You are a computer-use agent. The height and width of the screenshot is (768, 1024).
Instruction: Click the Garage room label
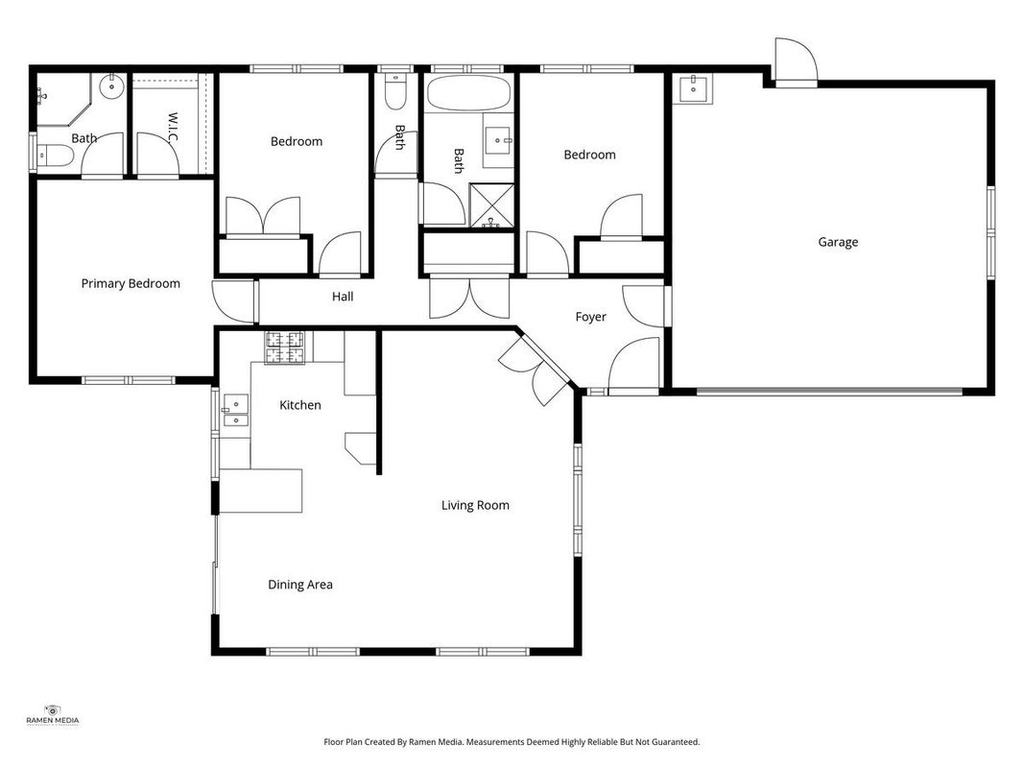click(x=838, y=242)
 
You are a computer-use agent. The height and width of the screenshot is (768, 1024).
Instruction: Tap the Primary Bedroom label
click(x=131, y=283)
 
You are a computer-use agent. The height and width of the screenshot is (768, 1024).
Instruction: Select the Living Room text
click(x=475, y=506)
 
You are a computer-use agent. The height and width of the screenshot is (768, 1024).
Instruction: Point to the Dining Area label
click(x=300, y=585)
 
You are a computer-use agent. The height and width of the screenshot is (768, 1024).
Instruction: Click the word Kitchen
click(x=300, y=405)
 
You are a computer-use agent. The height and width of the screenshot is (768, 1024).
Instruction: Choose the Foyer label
click(x=591, y=317)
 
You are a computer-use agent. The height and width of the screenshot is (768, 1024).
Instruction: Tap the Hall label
click(x=343, y=297)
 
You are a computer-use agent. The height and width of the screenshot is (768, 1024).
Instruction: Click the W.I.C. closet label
click(x=173, y=128)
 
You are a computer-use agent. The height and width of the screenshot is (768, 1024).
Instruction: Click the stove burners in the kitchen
click(x=284, y=348)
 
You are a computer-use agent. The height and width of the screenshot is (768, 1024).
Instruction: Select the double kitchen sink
click(x=236, y=410)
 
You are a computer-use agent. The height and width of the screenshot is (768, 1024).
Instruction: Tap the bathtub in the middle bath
click(x=468, y=93)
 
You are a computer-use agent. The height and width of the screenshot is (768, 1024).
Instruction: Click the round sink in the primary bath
click(x=112, y=85)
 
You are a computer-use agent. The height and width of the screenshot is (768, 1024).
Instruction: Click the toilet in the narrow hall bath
click(x=395, y=91)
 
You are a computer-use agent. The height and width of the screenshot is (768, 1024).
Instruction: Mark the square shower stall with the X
click(x=491, y=205)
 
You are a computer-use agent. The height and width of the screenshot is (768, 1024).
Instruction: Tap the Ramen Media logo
click(x=52, y=715)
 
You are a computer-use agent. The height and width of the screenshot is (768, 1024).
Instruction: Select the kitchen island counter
click(x=261, y=491)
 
